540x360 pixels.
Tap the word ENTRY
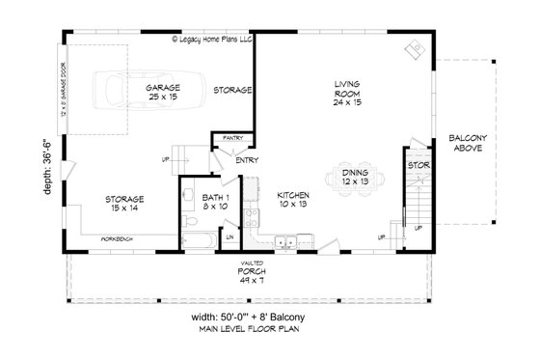pos(245,161)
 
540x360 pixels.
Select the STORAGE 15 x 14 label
pos(125,203)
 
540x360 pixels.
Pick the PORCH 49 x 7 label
pos(256,275)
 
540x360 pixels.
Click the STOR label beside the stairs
pos(418,165)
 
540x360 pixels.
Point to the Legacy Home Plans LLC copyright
pos(213,40)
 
